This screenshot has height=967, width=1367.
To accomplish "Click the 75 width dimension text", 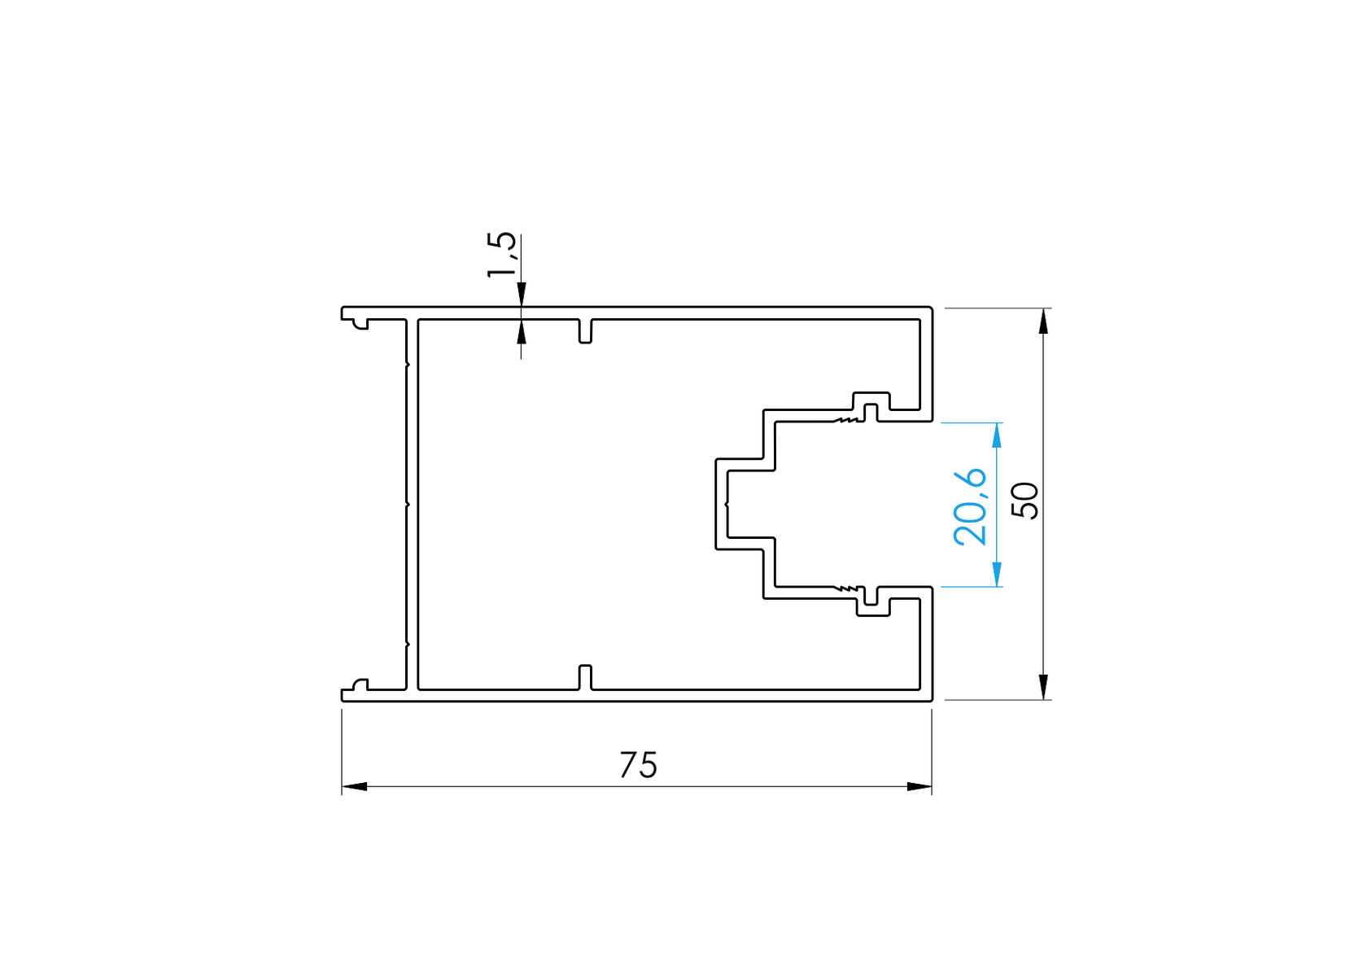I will tap(638, 765).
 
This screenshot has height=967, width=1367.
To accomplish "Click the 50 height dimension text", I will tap(1025, 500).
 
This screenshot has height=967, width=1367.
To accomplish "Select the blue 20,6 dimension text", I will tap(970, 505).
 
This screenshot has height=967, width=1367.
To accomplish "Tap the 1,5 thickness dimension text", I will tap(501, 255).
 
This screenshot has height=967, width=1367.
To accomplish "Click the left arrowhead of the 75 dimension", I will tap(355, 786).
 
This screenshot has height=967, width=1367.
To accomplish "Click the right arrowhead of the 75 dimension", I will tap(919, 786).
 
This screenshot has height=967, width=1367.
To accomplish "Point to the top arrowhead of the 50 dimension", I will tap(1043, 322).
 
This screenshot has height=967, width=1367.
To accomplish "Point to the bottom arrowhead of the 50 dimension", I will tap(1043, 686).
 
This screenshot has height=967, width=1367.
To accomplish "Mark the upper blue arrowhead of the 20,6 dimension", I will tap(997, 435).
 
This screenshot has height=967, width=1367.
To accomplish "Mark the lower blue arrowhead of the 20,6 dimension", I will tap(997, 574).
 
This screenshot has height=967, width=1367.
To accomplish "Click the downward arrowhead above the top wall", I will tap(522, 294).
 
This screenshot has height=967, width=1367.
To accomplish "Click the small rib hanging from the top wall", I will tap(585, 331).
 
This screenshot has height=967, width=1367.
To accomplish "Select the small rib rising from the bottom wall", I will tap(585, 676).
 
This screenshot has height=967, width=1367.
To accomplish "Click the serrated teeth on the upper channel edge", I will tap(846, 420).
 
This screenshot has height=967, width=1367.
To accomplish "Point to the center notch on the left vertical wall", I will tap(407, 504).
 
